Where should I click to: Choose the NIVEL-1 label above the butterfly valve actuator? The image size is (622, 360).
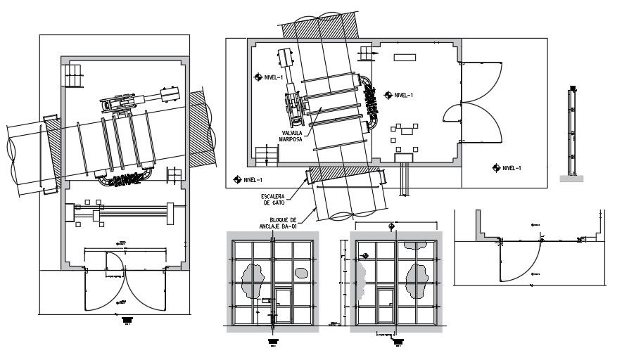(270, 77)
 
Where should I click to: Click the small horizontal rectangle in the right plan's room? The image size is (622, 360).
(405, 56)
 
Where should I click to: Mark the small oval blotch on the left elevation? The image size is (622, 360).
(301, 272)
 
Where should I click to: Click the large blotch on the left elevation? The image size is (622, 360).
(251, 278)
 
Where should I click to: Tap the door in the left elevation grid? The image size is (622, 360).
(283, 307)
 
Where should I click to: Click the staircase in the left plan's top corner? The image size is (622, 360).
(74, 74)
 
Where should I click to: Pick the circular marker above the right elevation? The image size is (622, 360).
(391, 226)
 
